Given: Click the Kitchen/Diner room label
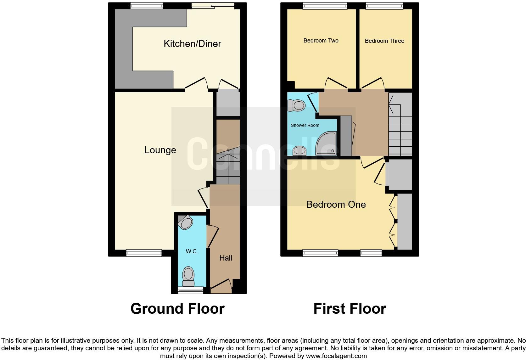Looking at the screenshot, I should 192,43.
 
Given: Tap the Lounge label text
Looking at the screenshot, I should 160,150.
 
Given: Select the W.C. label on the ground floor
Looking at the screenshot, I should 192,251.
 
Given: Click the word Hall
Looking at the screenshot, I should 226,258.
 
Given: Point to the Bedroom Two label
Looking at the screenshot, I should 321,41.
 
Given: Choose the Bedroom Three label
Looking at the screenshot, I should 384,41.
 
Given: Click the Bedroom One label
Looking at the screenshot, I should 336,205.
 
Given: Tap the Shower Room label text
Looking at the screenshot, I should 305,125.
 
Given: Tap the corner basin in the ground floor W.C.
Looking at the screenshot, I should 185,222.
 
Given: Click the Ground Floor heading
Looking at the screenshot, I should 177,309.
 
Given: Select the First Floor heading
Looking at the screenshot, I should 350,309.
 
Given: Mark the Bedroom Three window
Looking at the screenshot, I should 384,5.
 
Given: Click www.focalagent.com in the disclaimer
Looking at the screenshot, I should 336,356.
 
